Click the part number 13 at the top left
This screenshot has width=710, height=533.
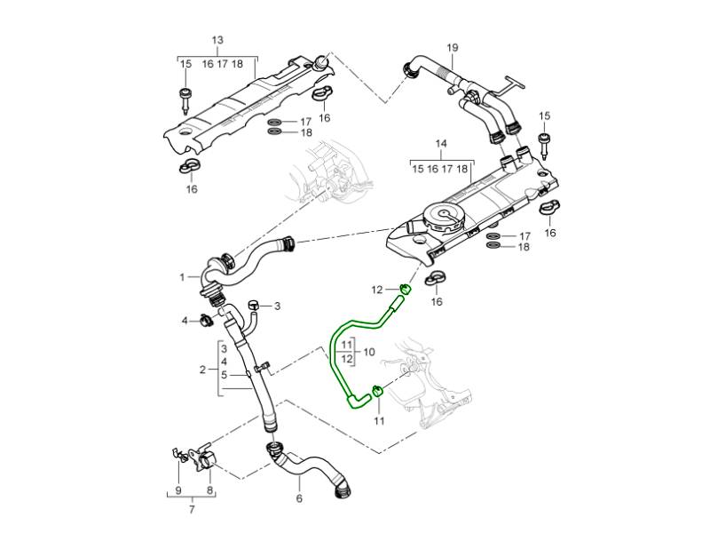point(217,41)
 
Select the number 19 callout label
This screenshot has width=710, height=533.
point(452,47)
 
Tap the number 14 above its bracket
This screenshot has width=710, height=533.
point(439,143)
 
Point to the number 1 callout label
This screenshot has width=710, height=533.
point(181,276)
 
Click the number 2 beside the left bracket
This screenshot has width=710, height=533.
point(202,369)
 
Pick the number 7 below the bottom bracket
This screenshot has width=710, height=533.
point(192,511)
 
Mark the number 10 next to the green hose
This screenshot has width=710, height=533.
point(369,352)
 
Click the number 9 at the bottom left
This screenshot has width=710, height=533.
point(178,489)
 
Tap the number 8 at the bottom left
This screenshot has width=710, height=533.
point(209,489)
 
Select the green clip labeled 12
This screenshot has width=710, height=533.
point(404,289)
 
